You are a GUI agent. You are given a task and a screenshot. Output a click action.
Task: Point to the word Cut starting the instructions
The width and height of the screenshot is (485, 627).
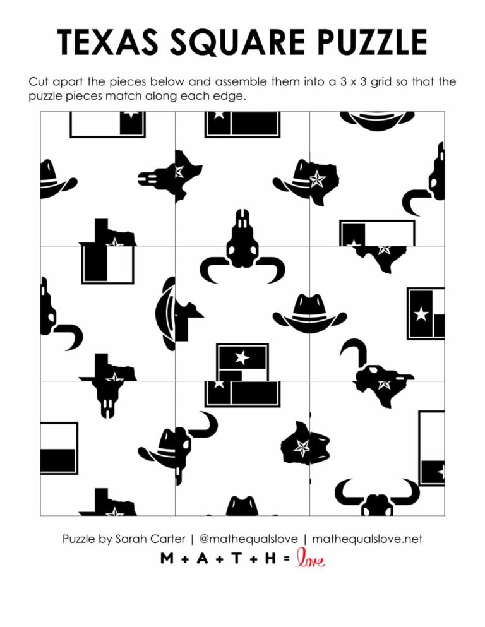point(39,83)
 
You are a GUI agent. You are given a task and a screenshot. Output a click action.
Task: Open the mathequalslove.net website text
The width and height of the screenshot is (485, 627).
point(367,539)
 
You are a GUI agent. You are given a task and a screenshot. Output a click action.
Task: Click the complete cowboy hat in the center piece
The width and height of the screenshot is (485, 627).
point(309,314)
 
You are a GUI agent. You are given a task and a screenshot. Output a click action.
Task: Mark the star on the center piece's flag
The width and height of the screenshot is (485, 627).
point(241,357)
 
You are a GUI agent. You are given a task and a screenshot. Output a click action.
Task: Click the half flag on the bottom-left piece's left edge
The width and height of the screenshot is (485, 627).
point(58,448)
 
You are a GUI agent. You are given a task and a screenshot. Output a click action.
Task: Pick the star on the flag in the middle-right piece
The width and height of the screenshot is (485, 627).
point(421,313)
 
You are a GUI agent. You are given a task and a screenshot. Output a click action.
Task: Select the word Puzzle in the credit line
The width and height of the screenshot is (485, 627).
point(80,539)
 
